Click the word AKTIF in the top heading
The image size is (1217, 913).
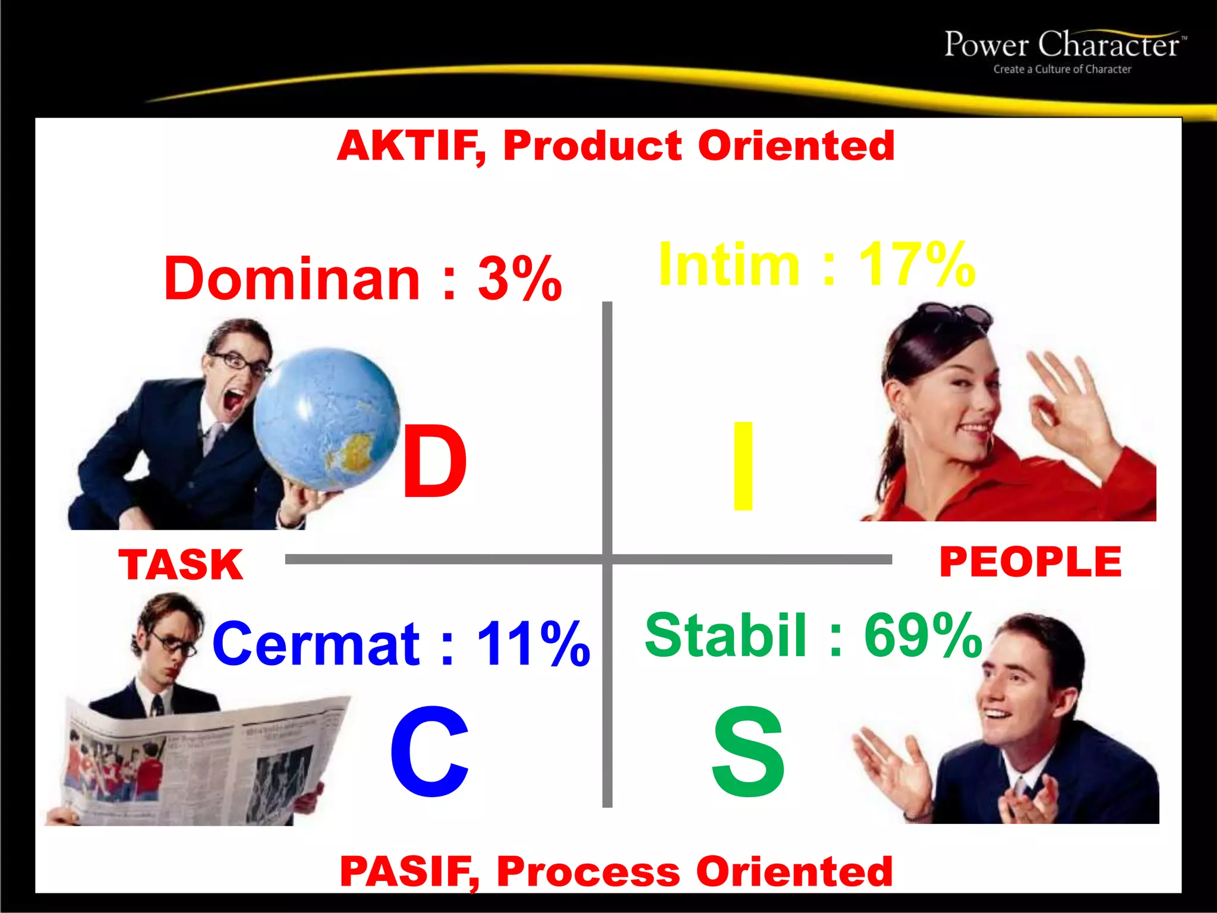pyautogui.click(x=410, y=146)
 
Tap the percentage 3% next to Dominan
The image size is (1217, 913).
pyautogui.click(x=519, y=279)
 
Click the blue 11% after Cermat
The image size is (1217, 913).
pyautogui.click(x=533, y=644)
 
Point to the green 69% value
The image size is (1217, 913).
pyautogui.click(x=923, y=636)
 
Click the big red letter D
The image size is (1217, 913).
pyautogui.click(x=434, y=462)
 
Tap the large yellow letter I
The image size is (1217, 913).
pyautogui.click(x=743, y=466)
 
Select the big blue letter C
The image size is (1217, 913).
pyautogui.click(x=429, y=752)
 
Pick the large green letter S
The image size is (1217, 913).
pyautogui.click(x=749, y=753)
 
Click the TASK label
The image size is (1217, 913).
pyautogui.click(x=181, y=565)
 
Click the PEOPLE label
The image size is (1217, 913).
pyautogui.click(x=1030, y=562)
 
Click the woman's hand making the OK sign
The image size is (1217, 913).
pyautogui.click(x=1064, y=398)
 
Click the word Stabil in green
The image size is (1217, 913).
pyautogui.click(x=726, y=636)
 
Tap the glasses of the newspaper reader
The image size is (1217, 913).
pyautogui.click(x=173, y=644)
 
